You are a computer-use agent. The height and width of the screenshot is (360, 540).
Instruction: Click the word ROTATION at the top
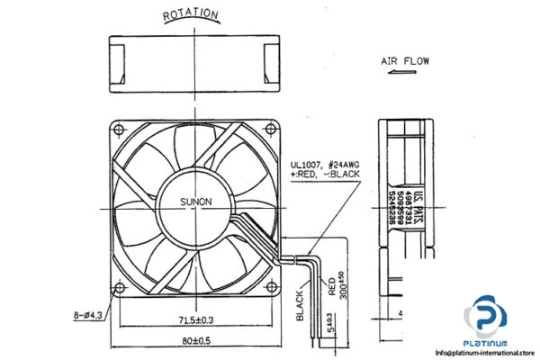(x=190, y=14)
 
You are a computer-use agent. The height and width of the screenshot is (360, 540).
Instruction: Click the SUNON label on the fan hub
(x=194, y=202)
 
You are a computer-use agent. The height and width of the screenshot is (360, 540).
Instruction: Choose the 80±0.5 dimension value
(x=193, y=341)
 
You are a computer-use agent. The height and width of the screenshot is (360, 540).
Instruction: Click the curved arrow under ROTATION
(x=190, y=24)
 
